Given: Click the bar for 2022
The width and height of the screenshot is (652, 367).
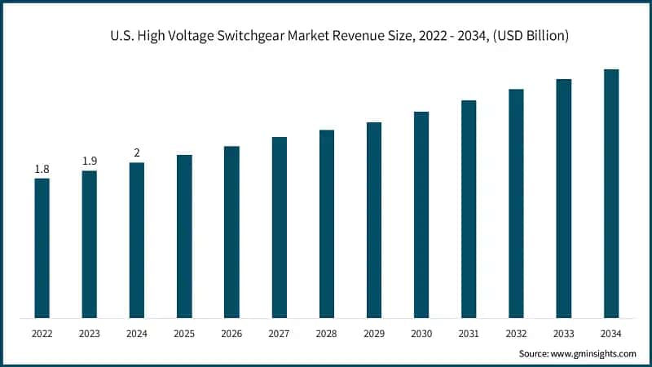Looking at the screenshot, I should coord(42,248).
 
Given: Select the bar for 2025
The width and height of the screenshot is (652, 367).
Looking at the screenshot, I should coord(184,236).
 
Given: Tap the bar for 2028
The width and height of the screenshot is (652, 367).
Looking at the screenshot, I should coord(327,223).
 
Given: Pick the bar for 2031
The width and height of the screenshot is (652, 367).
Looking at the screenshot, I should coord(469,209).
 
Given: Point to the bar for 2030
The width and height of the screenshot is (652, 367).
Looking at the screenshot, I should coord(421,214).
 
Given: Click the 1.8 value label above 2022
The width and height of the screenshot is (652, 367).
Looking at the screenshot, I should coord(42,169).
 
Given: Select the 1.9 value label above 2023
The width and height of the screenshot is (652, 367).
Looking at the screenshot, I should coord(89,161).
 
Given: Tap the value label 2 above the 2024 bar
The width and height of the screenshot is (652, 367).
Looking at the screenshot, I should coord(137,153).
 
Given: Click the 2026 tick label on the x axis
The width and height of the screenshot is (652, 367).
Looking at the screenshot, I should coord(231,334).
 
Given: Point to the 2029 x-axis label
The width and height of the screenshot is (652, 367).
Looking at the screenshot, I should coord(374,334).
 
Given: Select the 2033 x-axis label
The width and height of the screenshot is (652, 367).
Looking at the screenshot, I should coord(564,334).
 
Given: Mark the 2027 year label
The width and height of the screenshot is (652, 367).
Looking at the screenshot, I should coord(279,334).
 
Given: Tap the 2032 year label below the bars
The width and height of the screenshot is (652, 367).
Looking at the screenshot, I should coord(516,334).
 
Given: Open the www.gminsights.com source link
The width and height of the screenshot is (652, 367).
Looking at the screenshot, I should coord(593,354).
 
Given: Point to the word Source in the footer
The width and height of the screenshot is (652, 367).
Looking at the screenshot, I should coord(535,354).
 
